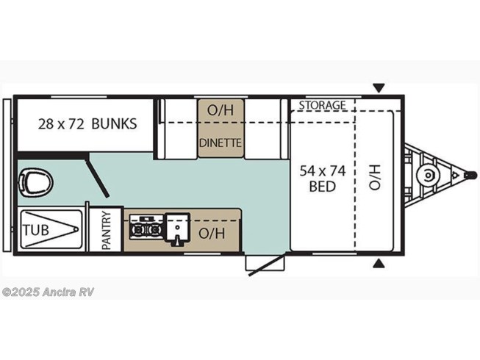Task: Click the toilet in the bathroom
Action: coord(35,183)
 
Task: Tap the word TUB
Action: coord(36,230)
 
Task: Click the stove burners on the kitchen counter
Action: coord(146,228)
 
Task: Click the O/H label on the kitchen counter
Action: coord(212,234)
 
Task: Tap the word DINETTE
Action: coord(221,143)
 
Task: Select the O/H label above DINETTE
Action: coord(221,110)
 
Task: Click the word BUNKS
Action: coord(114,124)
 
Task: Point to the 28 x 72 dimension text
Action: coord(61,124)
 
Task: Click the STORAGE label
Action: coord(323,105)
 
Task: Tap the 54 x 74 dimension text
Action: coord(323,171)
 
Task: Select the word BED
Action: coord(323,187)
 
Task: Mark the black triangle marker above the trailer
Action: coord(379,87)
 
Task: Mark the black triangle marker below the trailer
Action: coord(379,263)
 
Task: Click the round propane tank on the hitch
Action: coord(428,176)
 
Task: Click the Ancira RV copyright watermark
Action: coord(48,292)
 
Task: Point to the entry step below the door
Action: coord(265,263)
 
